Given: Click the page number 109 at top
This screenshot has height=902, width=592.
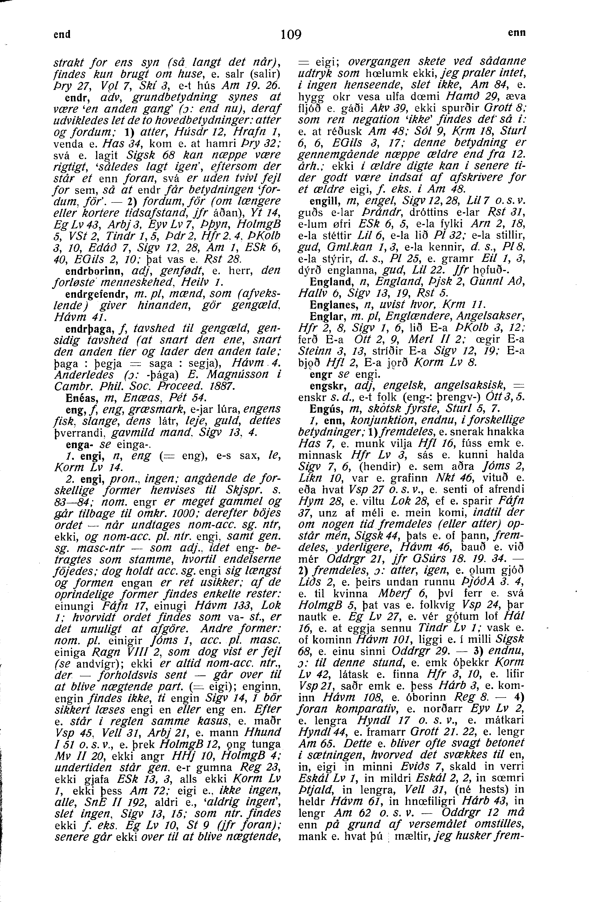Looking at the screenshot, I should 291,35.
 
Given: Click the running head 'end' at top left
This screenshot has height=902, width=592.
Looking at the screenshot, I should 62,35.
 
